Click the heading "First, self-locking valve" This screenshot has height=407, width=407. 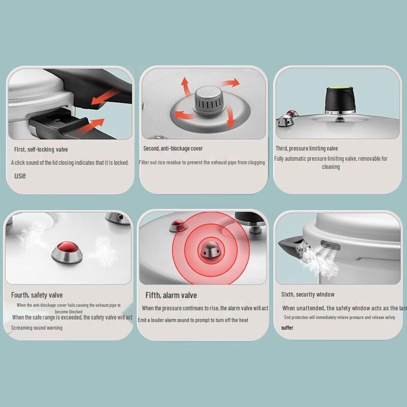tap(41, 150)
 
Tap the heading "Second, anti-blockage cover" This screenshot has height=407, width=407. tap(173, 149)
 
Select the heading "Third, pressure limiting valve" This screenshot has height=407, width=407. tap(307, 149)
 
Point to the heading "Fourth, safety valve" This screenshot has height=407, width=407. tap(37, 295)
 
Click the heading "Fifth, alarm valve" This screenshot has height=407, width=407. tap(171, 296)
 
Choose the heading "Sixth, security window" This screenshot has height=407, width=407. tap(308, 295)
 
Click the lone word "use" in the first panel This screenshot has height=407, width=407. tap(20, 176)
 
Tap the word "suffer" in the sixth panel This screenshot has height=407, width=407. tap(287, 328)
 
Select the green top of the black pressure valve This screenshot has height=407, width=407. tap(337, 91)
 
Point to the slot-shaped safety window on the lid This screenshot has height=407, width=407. tap(329, 246)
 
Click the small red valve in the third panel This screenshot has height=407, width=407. tap(292, 114)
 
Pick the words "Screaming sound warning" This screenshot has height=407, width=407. tap(37, 328)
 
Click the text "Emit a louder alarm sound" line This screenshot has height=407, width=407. tap(193, 320)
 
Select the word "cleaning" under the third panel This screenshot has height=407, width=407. tap(331, 167)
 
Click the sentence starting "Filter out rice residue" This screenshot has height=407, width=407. tap(202, 163)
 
